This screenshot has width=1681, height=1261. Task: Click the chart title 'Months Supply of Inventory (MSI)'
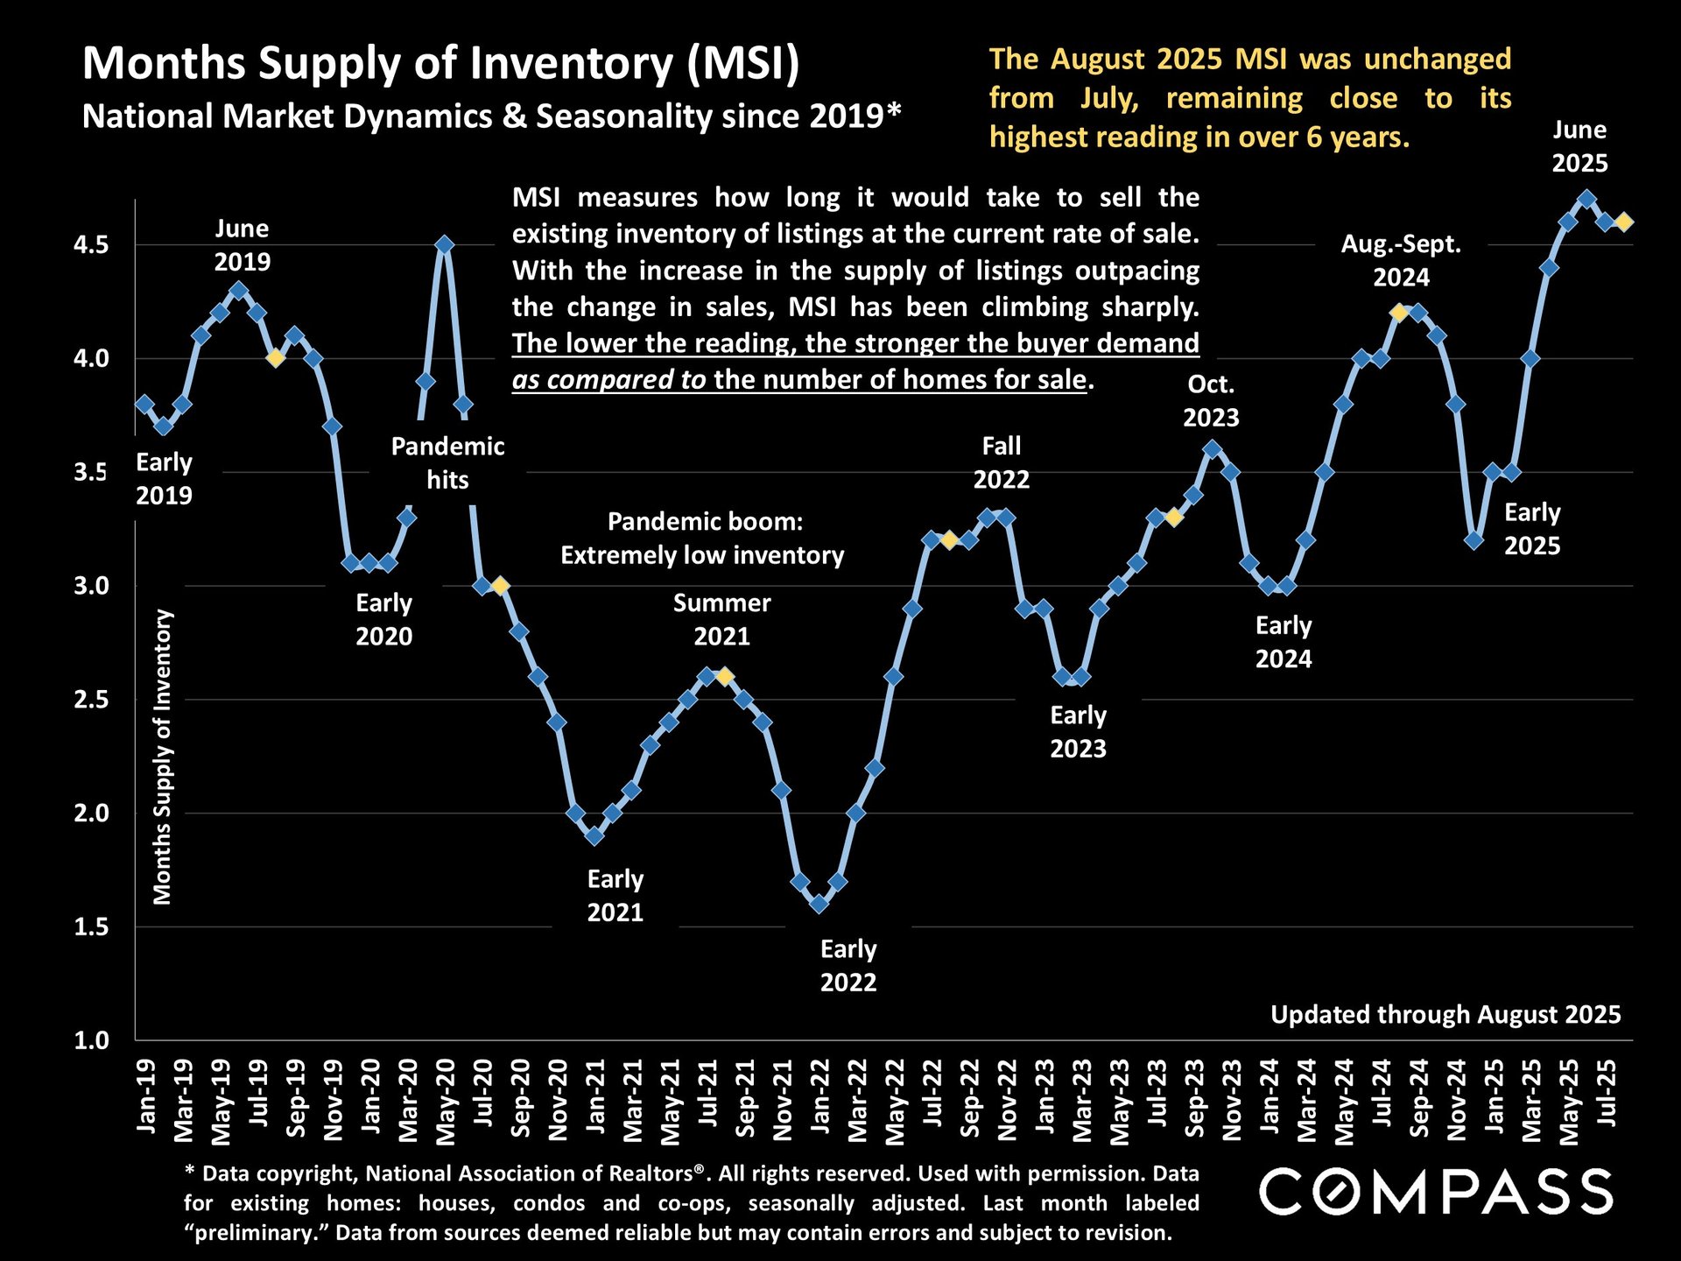pyautogui.click(x=440, y=64)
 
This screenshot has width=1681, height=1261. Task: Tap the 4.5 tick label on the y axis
pyautogui.click(x=91, y=245)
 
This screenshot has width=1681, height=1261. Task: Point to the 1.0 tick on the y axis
pyautogui.click(x=91, y=1040)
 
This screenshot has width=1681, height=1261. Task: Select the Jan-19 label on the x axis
pyautogui.click(x=146, y=1095)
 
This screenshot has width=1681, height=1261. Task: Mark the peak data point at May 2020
pyautogui.click(x=445, y=245)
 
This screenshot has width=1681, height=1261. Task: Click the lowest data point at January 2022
pyautogui.click(x=819, y=904)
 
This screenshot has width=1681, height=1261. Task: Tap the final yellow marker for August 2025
pyautogui.click(x=1624, y=222)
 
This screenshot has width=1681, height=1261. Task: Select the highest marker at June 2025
pyautogui.click(x=1586, y=200)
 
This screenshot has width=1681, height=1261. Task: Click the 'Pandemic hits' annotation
pyautogui.click(x=447, y=463)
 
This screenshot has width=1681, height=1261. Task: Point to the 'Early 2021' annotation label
pyautogui.click(x=615, y=896)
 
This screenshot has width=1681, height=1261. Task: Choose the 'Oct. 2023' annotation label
pyautogui.click(x=1211, y=401)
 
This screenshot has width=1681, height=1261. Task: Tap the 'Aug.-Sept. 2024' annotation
pyautogui.click(x=1401, y=261)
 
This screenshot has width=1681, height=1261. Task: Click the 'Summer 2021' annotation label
pyautogui.click(x=721, y=619)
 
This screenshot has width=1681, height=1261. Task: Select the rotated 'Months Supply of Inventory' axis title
pyautogui.click(x=163, y=757)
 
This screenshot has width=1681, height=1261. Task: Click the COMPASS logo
pyautogui.click(x=1436, y=1193)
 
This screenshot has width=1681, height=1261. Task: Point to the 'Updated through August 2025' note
pyautogui.click(x=1445, y=1015)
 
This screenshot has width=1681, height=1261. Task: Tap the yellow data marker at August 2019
pyautogui.click(x=276, y=358)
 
